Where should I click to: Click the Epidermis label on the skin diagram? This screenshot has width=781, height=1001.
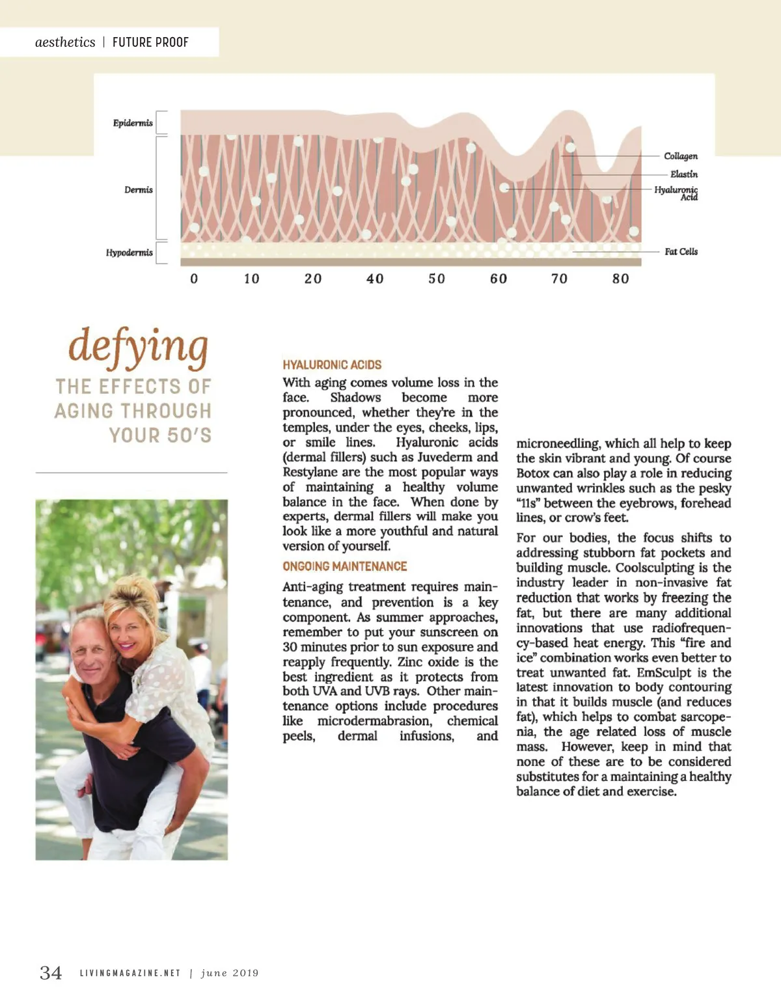click(133, 123)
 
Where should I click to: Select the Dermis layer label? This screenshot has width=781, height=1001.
click(139, 190)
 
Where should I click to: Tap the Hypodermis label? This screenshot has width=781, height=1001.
click(130, 253)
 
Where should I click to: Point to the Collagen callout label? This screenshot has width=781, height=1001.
click(681, 156)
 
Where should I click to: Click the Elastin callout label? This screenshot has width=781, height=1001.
click(683, 174)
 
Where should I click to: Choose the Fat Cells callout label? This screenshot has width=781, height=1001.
click(681, 252)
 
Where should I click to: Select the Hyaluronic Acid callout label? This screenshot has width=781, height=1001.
click(677, 193)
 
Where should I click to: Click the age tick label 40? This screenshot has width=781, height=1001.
click(375, 279)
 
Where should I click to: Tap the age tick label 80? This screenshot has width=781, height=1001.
click(621, 279)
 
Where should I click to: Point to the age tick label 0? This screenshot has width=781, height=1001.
click(194, 279)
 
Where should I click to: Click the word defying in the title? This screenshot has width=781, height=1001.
click(139, 346)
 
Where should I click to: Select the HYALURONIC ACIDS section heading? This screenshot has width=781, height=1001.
click(332, 365)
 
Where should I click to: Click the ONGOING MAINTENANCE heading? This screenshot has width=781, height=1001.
click(345, 567)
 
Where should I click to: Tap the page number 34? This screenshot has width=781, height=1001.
click(51, 973)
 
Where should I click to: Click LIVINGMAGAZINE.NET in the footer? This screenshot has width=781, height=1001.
click(130, 974)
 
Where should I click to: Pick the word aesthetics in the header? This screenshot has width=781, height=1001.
click(65, 42)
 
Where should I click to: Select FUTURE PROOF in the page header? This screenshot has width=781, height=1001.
click(150, 43)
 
